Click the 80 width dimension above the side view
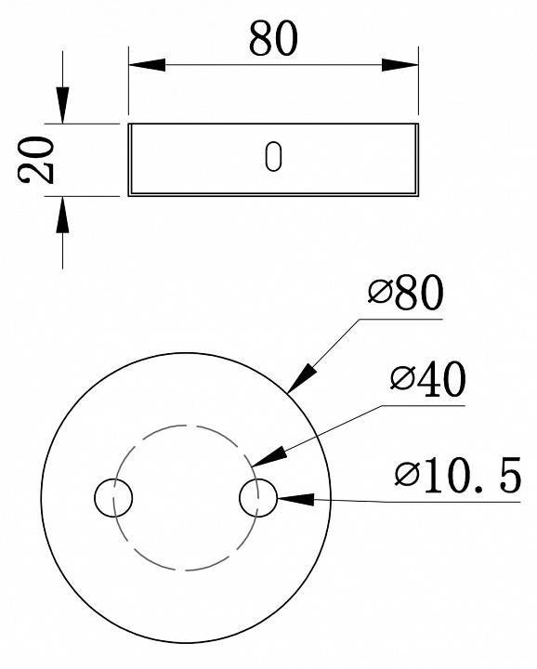pyautogui.click(x=273, y=39)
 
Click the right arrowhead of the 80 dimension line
pyautogui.click(x=400, y=64)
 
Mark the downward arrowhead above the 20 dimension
pyautogui.click(x=62, y=104)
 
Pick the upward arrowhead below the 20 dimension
pyautogui.click(x=62, y=216)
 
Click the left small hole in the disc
pyautogui.click(x=113, y=498)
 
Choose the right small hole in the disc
pyautogui.click(x=257, y=498)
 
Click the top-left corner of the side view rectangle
pyautogui.click(x=129, y=124)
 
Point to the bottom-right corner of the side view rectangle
pyautogui.click(x=417, y=194)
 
